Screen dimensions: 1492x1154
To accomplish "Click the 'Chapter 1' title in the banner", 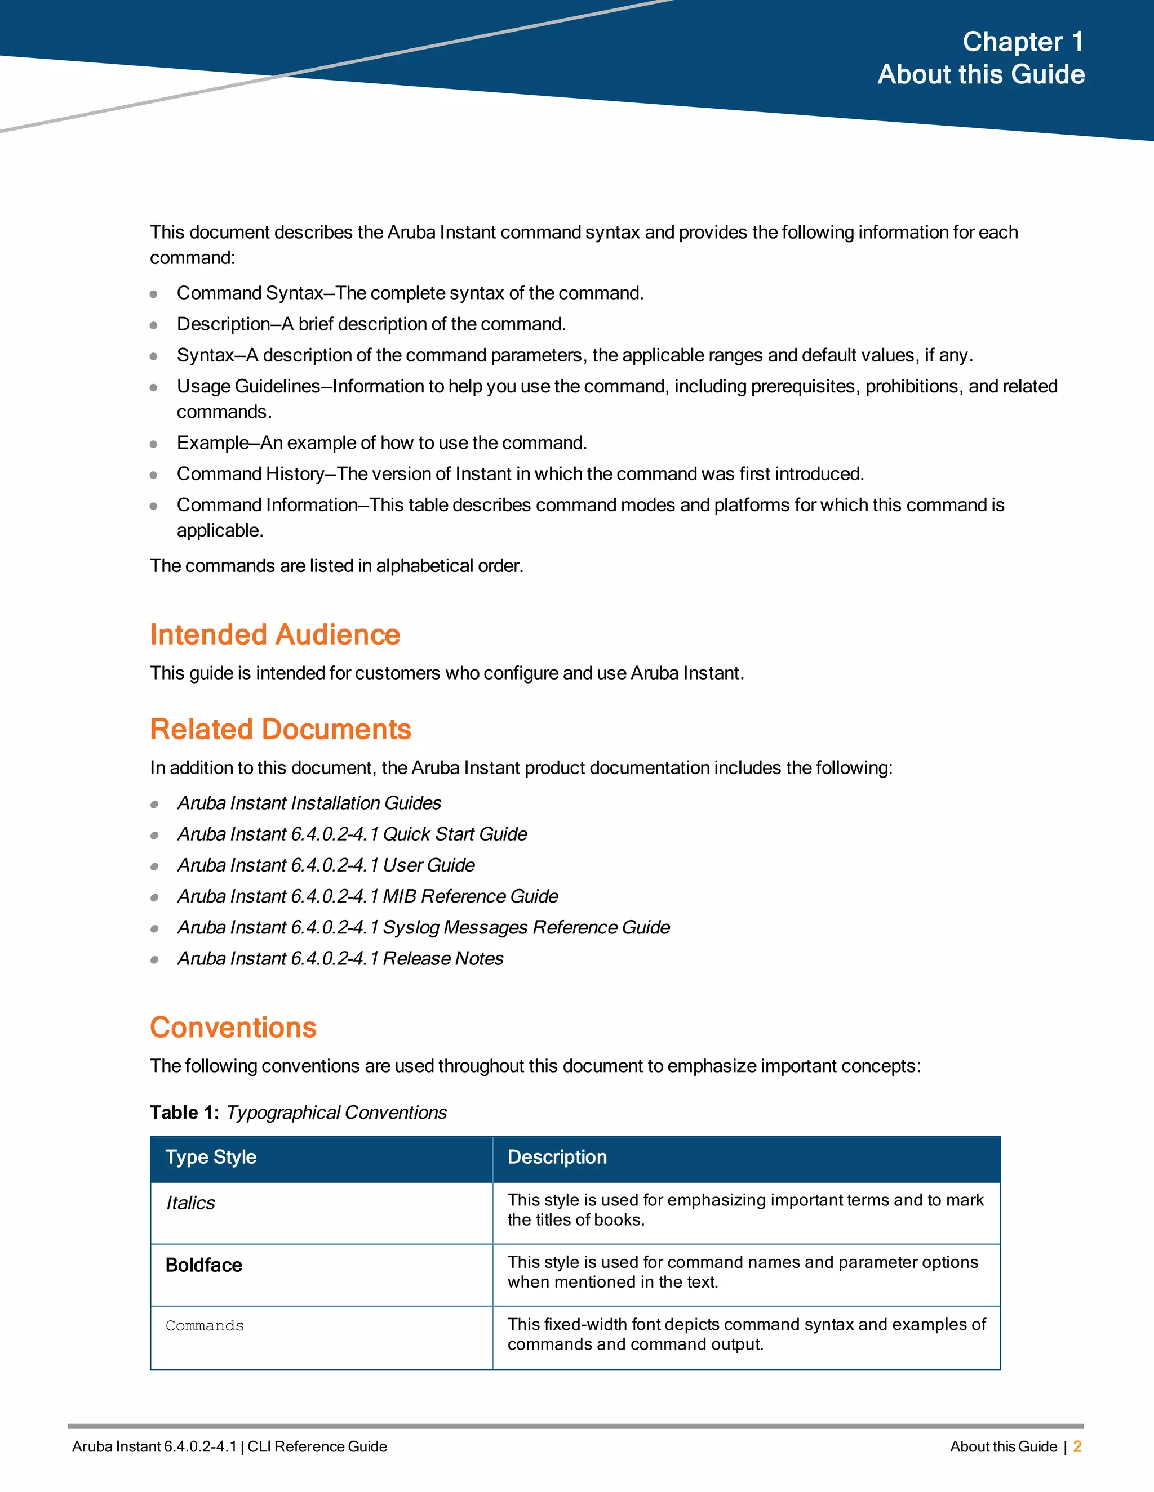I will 1023,42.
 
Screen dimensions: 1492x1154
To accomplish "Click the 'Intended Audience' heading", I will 275,635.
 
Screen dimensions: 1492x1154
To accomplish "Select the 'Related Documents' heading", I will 280,729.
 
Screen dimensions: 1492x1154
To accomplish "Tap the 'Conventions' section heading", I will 233,1028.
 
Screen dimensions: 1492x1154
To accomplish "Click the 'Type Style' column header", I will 211,1157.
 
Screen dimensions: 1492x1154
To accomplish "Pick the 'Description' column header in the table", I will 557,1157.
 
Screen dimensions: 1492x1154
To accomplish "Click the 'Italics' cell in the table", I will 191,1203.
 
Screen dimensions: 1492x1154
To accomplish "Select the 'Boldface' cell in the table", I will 204,1265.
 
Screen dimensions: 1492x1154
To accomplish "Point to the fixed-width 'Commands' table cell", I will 205,1326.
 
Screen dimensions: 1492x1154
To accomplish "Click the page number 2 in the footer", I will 1077,1446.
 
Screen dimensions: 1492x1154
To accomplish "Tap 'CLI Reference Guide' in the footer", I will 317,1446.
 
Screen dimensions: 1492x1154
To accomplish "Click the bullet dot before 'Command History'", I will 154,475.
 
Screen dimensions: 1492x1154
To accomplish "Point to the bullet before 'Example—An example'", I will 154,444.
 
